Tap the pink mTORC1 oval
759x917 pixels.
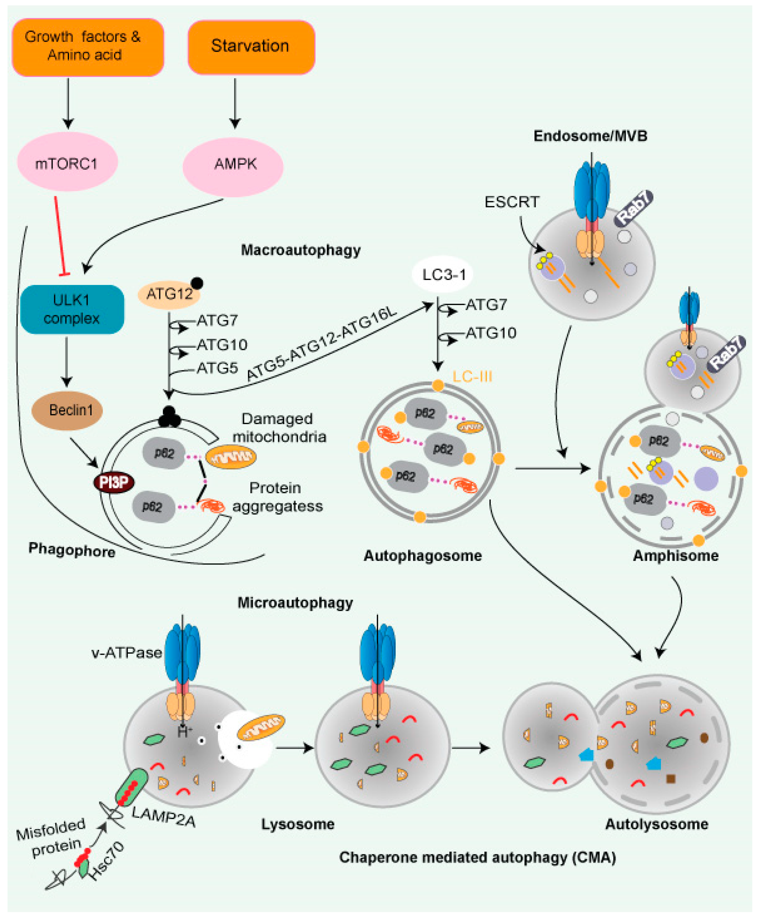(67, 163)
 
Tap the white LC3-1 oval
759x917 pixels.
(443, 274)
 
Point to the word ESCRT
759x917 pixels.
(512, 202)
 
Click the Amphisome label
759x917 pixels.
(675, 556)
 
